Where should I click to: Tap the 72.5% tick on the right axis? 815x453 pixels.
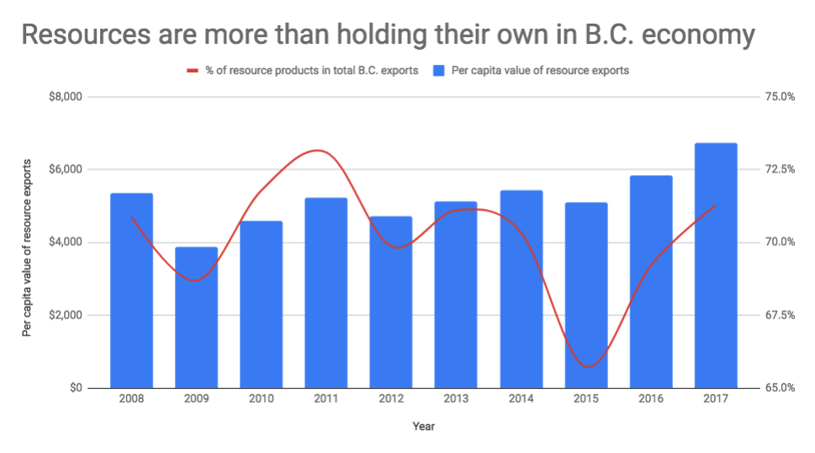click(777, 169)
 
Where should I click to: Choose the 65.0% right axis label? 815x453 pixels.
click(777, 388)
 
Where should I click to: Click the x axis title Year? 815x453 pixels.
click(423, 426)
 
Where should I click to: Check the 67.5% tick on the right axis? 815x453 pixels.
click(777, 316)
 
